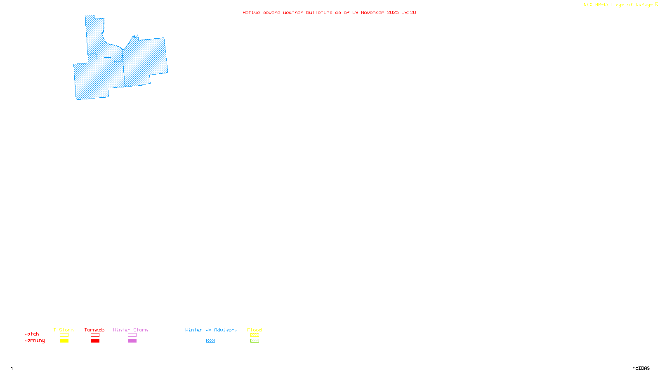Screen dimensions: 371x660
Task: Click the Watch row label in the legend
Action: tap(32, 334)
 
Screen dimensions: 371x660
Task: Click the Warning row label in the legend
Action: tap(35, 340)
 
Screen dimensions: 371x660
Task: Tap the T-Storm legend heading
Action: tap(64, 330)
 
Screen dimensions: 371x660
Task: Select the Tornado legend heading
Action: tap(94, 330)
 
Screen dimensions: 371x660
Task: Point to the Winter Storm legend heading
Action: tap(130, 330)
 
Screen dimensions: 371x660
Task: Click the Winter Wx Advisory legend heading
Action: tap(211, 330)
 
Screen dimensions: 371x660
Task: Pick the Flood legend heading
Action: tap(255, 330)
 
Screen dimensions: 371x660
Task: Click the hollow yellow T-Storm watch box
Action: tap(64, 335)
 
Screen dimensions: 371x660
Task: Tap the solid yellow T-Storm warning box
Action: tap(64, 341)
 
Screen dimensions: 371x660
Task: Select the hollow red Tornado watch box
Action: tap(95, 335)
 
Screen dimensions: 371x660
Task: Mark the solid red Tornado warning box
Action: tap(95, 341)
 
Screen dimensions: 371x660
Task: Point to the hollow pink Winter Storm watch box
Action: tap(132, 335)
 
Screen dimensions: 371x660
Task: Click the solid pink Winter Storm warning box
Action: tap(132, 341)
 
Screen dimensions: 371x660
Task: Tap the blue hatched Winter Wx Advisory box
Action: tap(210, 341)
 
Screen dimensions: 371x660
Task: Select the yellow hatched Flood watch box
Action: tap(255, 335)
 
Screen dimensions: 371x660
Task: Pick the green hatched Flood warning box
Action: tap(255, 341)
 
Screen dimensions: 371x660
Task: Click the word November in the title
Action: tap(372, 12)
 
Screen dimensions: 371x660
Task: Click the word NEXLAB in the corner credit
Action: tap(592, 5)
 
